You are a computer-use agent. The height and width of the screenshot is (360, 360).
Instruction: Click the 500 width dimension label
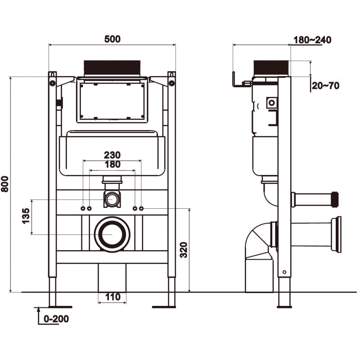[112, 39]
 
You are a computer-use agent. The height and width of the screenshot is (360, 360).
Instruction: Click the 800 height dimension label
[5, 184]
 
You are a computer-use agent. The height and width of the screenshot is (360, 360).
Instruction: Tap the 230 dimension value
[112, 154]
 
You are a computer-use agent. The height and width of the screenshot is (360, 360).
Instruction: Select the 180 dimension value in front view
[112, 164]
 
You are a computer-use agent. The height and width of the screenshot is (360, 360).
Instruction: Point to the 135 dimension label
[26, 216]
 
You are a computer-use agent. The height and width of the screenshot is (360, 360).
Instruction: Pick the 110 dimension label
[112, 297]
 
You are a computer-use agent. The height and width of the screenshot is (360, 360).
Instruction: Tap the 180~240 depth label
[312, 40]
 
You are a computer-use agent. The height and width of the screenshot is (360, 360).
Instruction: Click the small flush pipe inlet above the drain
[112, 198]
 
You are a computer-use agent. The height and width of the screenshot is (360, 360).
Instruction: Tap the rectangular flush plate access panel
[112, 100]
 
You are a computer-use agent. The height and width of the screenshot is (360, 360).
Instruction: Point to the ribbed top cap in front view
[112, 68]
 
